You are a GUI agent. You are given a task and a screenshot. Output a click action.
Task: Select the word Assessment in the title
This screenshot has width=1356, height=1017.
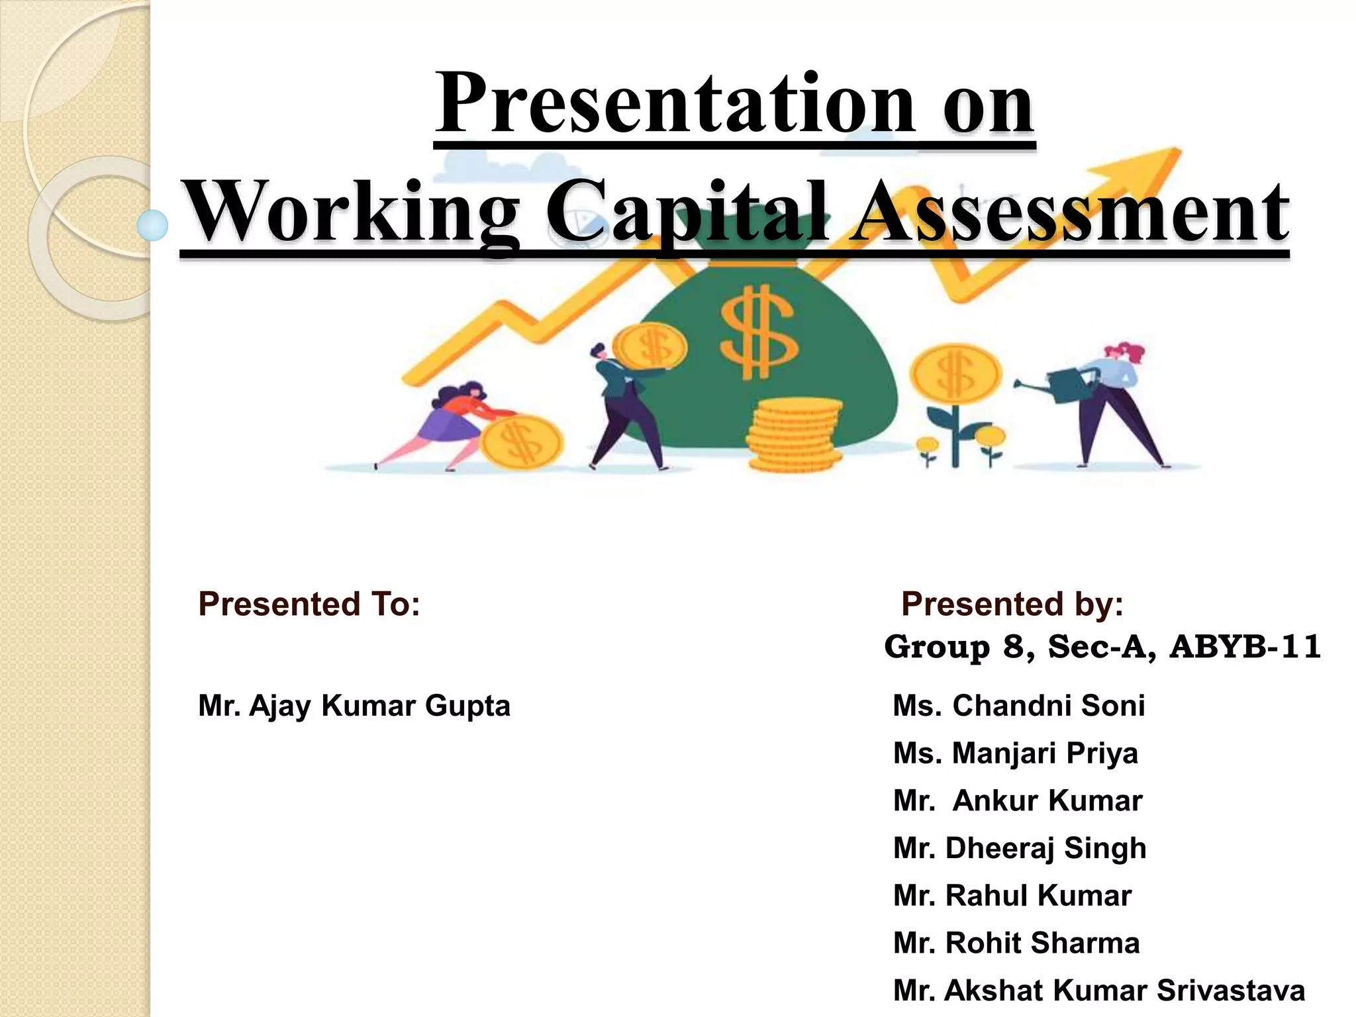point(1069,212)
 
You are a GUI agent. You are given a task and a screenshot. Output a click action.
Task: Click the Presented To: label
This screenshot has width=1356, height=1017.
point(309,604)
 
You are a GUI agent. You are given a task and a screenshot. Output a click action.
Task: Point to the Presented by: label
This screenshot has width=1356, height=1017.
point(1012,604)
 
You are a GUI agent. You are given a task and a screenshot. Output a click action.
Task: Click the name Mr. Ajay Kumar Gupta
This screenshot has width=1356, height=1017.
point(354,706)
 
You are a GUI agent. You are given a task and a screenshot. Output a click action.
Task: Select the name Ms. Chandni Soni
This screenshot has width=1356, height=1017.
point(1019,706)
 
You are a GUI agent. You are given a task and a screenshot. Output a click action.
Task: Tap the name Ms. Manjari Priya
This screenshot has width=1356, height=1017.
point(1016,753)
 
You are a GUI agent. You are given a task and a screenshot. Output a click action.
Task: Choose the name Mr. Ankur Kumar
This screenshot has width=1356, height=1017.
point(1018,801)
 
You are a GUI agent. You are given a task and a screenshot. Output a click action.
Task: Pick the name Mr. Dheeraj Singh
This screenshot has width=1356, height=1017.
point(1020,848)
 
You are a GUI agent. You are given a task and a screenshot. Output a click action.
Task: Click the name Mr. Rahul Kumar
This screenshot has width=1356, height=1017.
point(1012,896)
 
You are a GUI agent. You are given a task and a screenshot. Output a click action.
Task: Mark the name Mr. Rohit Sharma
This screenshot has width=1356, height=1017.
point(1016,944)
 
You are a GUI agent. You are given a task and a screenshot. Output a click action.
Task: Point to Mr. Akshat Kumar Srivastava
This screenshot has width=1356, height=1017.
point(1099,991)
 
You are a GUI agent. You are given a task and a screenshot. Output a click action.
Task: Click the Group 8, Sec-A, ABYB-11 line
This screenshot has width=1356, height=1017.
point(1102,647)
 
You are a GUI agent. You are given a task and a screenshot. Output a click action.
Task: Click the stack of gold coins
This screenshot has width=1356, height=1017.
point(793,435)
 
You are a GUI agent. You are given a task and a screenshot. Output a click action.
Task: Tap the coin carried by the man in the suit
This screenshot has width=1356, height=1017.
point(649,346)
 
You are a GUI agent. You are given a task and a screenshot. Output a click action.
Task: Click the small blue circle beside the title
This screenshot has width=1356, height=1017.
point(153,225)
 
